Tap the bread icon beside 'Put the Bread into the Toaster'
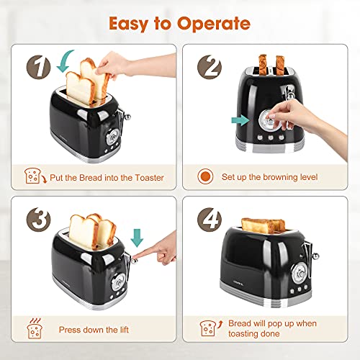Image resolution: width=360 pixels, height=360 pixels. pyautogui.click(x=33, y=175)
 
